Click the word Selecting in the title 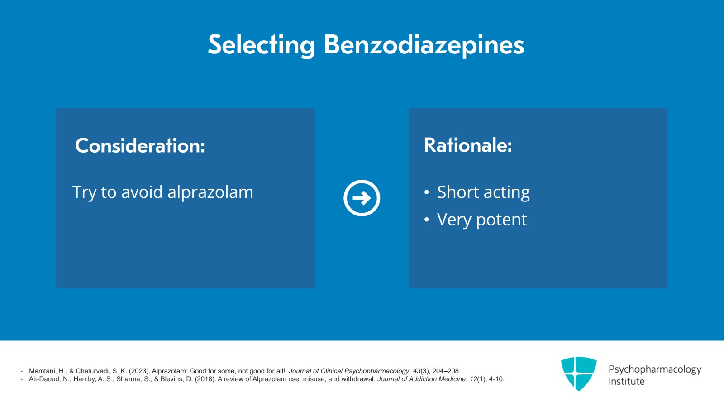click(262, 45)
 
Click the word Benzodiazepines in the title click(424, 45)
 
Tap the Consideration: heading click(140, 145)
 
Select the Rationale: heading click(468, 145)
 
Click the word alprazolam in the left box click(210, 192)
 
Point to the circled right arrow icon click(362, 198)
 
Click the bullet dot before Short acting click(427, 192)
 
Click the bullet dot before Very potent click(427, 220)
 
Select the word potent click(502, 220)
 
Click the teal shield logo click(579, 373)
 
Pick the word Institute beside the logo click(626, 382)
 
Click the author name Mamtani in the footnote click(43, 371)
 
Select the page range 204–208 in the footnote click(446, 371)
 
